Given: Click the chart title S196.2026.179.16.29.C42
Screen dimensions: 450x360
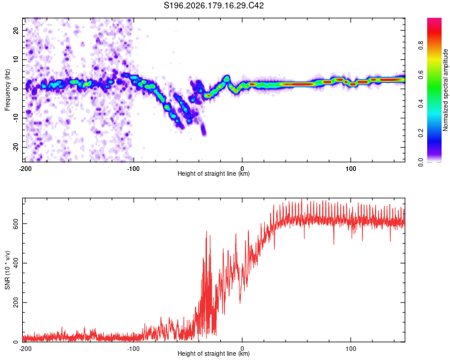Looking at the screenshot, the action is (214, 5).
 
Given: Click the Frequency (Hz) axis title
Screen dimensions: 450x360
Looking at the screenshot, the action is (7, 90).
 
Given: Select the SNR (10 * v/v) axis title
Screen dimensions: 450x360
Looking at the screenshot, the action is (7, 270).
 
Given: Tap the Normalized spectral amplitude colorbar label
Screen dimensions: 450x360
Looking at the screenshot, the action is (445, 90).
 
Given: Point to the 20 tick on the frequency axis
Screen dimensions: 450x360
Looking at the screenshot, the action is (16, 30).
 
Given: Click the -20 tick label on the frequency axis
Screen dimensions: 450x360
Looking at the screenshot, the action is (16, 147).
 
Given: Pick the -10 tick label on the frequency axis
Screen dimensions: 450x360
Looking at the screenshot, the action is (16, 118).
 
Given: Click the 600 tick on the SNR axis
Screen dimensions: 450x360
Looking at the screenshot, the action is (16, 224).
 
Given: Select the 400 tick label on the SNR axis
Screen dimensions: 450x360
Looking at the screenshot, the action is (16, 263).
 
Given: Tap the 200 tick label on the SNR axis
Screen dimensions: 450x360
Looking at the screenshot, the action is (16, 302).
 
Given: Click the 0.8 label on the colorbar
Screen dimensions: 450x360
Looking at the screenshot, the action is (421, 46).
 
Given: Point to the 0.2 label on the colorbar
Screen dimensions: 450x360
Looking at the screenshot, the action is (421, 133).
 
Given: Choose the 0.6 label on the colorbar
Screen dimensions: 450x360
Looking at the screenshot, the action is (421, 74).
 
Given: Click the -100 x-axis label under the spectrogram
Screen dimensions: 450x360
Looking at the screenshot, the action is (133, 169).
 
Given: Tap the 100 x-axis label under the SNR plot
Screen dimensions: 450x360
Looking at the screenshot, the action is (351, 349).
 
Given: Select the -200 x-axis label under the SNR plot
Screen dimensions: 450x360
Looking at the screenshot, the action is (25, 349).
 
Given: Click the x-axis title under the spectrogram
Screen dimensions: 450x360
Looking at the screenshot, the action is (214, 173).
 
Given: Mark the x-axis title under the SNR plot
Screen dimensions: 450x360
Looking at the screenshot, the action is (214, 353).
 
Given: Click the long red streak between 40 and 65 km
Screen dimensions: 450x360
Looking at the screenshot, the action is (298, 85).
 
